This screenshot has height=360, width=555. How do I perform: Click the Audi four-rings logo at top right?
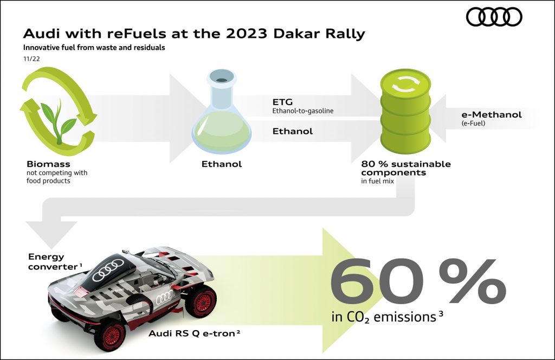pyautogui.click(x=494, y=17)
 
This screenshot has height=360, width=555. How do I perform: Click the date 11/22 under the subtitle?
pyautogui.click(x=31, y=59)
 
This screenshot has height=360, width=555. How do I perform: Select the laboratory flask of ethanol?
pyautogui.click(x=222, y=111)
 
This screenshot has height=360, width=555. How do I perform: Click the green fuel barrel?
pyautogui.click(x=405, y=111)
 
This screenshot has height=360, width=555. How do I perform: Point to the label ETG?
pyautogui.click(x=282, y=102)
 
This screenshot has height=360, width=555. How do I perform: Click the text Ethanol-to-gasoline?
pyautogui.click(x=302, y=111)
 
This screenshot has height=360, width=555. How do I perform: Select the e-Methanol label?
pyautogui.click(x=492, y=115)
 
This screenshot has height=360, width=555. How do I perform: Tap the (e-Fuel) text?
pyautogui.click(x=473, y=123)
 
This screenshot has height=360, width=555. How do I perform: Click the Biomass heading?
pyautogui.click(x=48, y=164)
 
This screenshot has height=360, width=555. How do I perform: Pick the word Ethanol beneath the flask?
pyautogui.click(x=222, y=164)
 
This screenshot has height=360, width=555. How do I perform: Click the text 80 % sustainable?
pyautogui.click(x=406, y=164)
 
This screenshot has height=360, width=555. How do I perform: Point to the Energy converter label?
pyautogui.click(x=55, y=261)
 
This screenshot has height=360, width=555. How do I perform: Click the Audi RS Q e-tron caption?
pyautogui.click(x=195, y=333)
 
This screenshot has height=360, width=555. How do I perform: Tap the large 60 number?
pyautogui.click(x=377, y=281)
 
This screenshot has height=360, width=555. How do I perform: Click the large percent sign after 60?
pyautogui.click(x=472, y=281)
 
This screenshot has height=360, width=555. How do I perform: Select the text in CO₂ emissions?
pyautogui.click(x=387, y=317)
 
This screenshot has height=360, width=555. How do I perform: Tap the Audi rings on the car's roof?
pyautogui.click(x=108, y=270)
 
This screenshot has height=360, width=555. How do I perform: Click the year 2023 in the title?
pyautogui.click(x=247, y=34)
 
